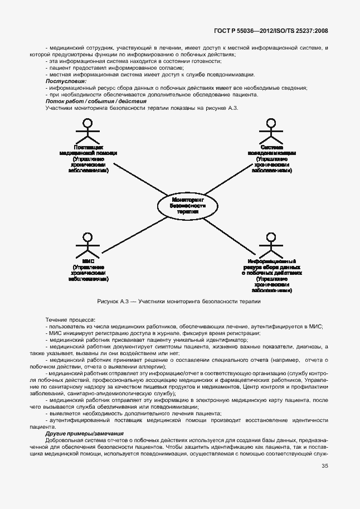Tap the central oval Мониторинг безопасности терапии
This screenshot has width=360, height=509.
tap(188, 205)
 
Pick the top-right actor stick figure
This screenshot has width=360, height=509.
tap(271, 132)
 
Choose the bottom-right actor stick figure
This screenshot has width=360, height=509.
tap(271, 245)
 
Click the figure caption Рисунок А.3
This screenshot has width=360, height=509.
tap(179, 302)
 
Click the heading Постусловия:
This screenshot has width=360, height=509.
tap(62, 81)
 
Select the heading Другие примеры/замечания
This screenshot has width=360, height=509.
tap(84, 433)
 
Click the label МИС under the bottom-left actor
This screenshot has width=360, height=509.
tap(87, 261)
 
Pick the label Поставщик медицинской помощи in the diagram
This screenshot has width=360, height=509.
tap(87, 150)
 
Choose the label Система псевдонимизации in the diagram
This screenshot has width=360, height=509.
tap(271, 150)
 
